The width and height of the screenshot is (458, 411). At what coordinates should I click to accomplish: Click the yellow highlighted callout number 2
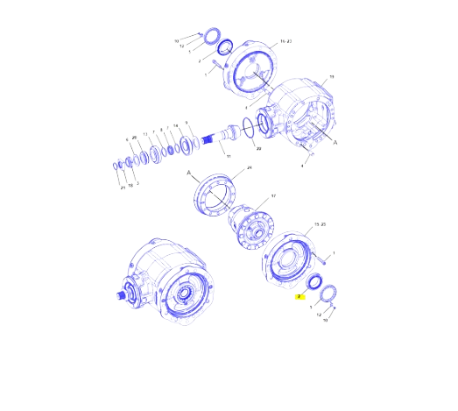[299, 297]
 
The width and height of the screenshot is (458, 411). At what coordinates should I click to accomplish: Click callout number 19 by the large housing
[332, 77]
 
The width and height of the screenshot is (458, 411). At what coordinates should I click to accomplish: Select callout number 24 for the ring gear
[249, 167]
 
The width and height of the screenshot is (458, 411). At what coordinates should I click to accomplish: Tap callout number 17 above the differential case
[272, 196]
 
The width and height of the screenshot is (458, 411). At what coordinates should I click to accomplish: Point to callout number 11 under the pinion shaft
[229, 157]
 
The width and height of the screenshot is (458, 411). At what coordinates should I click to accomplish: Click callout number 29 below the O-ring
[258, 149]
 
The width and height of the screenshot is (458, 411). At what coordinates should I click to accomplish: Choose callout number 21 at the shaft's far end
[122, 187]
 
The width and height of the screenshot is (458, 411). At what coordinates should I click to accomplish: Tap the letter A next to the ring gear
[189, 174]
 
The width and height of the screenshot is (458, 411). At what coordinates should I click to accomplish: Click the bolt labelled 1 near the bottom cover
[323, 257]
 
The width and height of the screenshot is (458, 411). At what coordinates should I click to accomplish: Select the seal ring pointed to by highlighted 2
[312, 283]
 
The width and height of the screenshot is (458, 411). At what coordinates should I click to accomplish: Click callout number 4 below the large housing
[303, 165]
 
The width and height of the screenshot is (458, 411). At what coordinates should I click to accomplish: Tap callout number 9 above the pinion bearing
[187, 123]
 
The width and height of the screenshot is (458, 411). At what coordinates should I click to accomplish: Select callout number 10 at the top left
[176, 40]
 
